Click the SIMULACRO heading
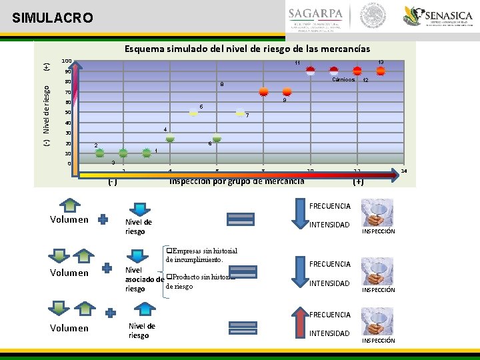tap(53, 18)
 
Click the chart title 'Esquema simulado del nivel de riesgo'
tap(247, 49)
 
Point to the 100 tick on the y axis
tap(66, 61)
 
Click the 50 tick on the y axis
tap(67, 112)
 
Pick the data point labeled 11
tap(311, 71)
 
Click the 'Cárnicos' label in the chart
tap(343, 79)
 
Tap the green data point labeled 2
tap(100, 153)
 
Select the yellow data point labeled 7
tap(240, 113)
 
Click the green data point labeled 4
tap(170, 137)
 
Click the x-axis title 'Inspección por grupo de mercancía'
tap(237, 181)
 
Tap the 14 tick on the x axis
tap(404, 171)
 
